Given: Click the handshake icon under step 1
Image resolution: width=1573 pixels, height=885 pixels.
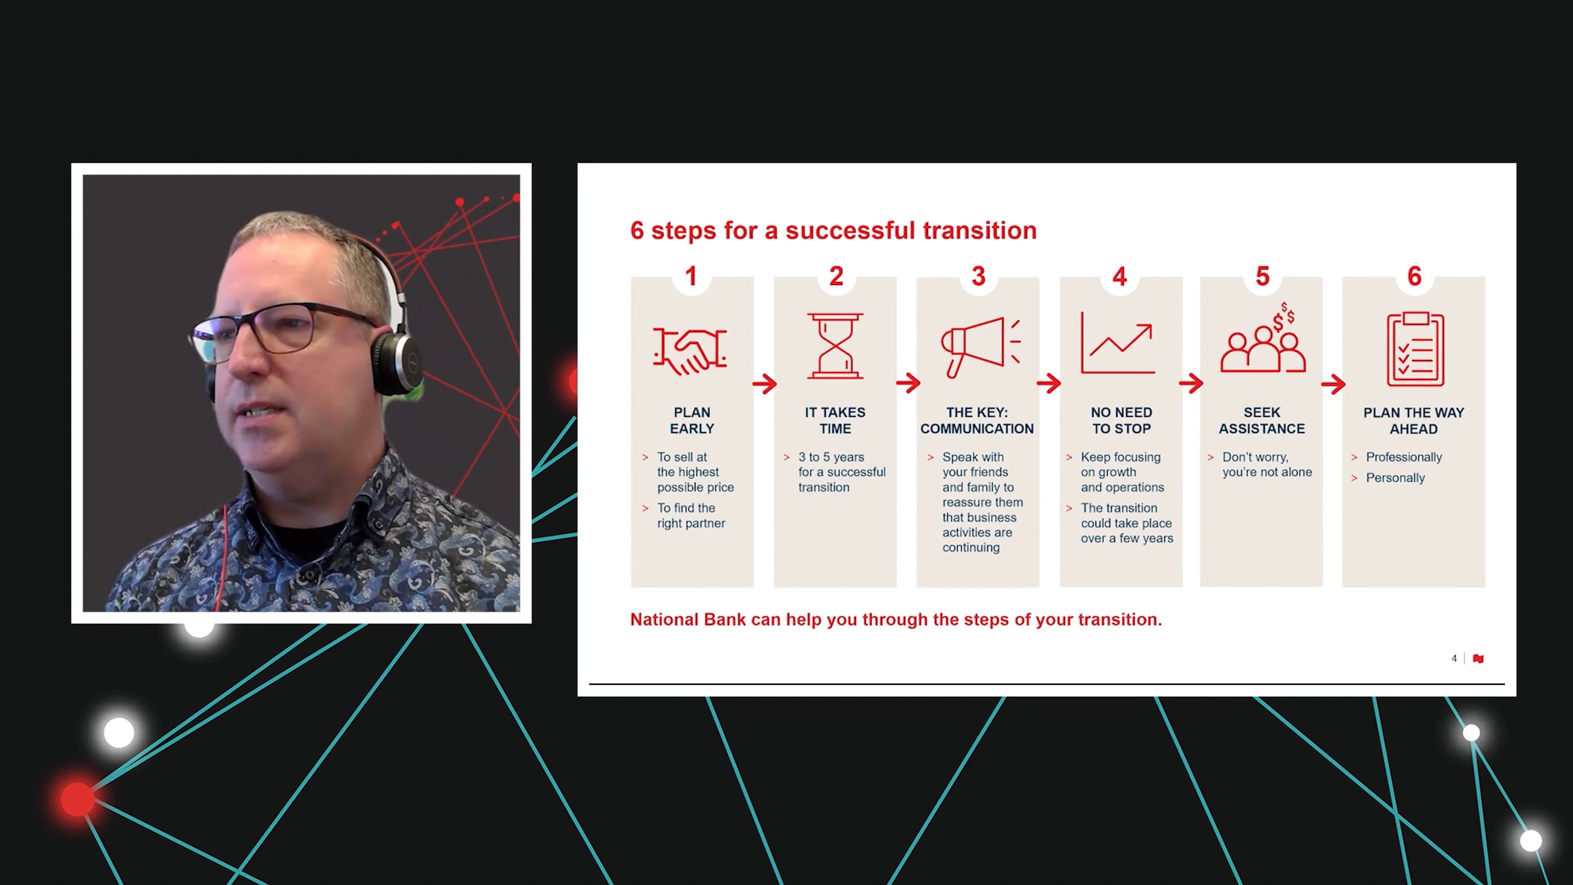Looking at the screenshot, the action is [x=689, y=351].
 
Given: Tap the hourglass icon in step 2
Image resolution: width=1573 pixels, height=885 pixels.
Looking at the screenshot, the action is [x=835, y=346].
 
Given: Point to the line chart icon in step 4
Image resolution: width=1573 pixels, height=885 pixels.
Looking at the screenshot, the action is [x=1117, y=343].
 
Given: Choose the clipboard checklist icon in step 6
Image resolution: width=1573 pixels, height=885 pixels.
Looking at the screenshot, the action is [x=1416, y=349].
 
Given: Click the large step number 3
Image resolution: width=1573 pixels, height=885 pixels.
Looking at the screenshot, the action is [x=979, y=277].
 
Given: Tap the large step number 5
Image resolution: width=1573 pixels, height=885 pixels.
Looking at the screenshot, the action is [x=1262, y=277].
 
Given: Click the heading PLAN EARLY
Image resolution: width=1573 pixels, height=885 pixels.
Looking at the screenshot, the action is [x=692, y=420].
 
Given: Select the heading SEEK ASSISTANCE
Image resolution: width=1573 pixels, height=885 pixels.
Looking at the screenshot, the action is [x=1262, y=420].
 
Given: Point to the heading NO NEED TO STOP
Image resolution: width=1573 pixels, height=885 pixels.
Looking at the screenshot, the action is [x=1121, y=420].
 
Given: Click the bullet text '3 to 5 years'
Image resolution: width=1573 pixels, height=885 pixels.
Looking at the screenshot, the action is [x=831, y=457].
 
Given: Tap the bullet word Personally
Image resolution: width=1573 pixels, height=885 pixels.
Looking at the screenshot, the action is [x=1395, y=478].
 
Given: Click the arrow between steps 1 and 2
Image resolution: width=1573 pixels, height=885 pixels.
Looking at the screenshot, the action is [x=764, y=383].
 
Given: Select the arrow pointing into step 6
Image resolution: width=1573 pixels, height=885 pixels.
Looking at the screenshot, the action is [x=1333, y=383].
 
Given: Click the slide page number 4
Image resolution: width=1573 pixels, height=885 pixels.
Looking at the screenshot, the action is [x=1454, y=658].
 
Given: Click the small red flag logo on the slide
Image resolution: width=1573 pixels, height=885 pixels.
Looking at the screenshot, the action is [x=1478, y=658].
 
